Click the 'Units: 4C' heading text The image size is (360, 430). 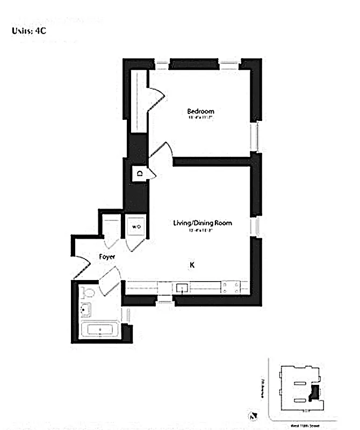click(29, 31)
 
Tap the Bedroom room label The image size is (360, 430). click(200, 112)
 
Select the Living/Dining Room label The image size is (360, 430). click(203, 223)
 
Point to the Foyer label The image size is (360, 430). click(107, 257)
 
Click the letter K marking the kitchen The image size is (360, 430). click(191, 265)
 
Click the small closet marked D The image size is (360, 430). click(140, 173)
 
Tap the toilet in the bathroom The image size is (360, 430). click(89, 292)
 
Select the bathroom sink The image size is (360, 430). click(85, 310)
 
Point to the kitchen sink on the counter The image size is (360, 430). click(183, 288)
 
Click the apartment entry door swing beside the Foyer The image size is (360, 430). click(81, 263)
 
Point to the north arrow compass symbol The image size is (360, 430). click(253, 415)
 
